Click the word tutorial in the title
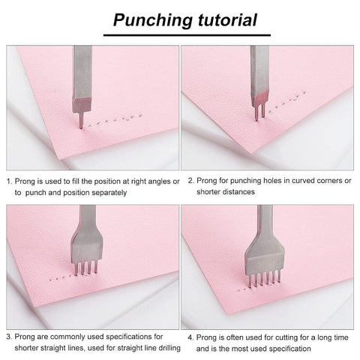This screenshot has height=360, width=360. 228,19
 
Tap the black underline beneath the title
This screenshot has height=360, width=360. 187,35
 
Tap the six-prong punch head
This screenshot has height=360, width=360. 265,265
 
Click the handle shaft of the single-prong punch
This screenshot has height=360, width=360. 82,73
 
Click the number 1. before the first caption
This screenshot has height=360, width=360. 9,181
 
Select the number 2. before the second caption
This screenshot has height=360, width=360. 191,181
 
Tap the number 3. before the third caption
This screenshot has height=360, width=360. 9,337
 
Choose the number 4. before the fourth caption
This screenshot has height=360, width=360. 191,337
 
